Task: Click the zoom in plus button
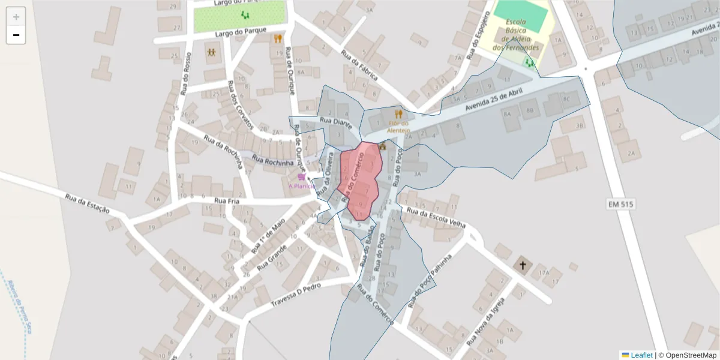click(16, 17)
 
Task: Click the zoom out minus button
click(16, 35)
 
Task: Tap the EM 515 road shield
click(621, 205)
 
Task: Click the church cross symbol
click(522, 265)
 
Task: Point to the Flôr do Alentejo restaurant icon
click(398, 113)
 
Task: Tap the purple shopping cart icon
click(301, 177)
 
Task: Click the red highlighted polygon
click(359, 180)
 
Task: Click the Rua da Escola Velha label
click(436, 217)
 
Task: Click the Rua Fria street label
click(227, 201)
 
